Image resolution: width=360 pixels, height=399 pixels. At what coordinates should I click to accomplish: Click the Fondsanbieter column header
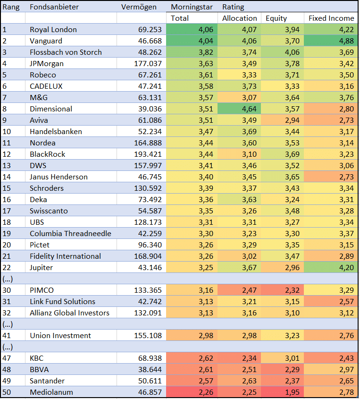pos(54,7)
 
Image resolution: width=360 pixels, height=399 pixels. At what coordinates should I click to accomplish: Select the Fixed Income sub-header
pos(331,18)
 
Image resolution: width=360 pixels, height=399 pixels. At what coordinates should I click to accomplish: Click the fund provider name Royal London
pos(53,30)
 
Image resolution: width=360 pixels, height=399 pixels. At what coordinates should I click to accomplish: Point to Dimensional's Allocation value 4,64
pos(249,109)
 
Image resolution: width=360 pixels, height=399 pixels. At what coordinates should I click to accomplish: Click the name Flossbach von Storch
pos(66,52)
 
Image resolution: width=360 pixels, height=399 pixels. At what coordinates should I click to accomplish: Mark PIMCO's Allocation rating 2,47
pos(249,290)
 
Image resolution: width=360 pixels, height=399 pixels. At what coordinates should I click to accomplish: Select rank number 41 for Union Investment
pos(7,336)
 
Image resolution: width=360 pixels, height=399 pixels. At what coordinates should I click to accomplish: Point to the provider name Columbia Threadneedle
pos(70,234)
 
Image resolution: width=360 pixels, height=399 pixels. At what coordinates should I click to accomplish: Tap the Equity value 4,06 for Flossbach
pos(292,52)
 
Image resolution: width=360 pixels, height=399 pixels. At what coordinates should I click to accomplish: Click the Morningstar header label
pos(192,7)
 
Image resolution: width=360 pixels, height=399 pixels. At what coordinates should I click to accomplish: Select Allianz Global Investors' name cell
pos(69,313)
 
